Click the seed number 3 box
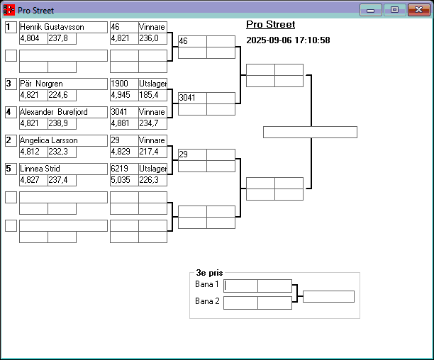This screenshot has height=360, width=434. pyautogui.click(x=10, y=84)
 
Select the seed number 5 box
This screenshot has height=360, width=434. pyautogui.click(x=10, y=169)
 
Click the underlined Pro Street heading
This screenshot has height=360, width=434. pyautogui.click(x=270, y=25)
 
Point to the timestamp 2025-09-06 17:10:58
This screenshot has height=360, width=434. pyautogui.click(x=288, y=40)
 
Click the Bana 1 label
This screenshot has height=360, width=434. pyautogui.click(x=207, y=284)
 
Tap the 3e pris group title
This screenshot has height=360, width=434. pyautogui.click(x=209, y=272)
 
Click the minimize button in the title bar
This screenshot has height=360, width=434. pyautogui.click(x=371, y=10)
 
